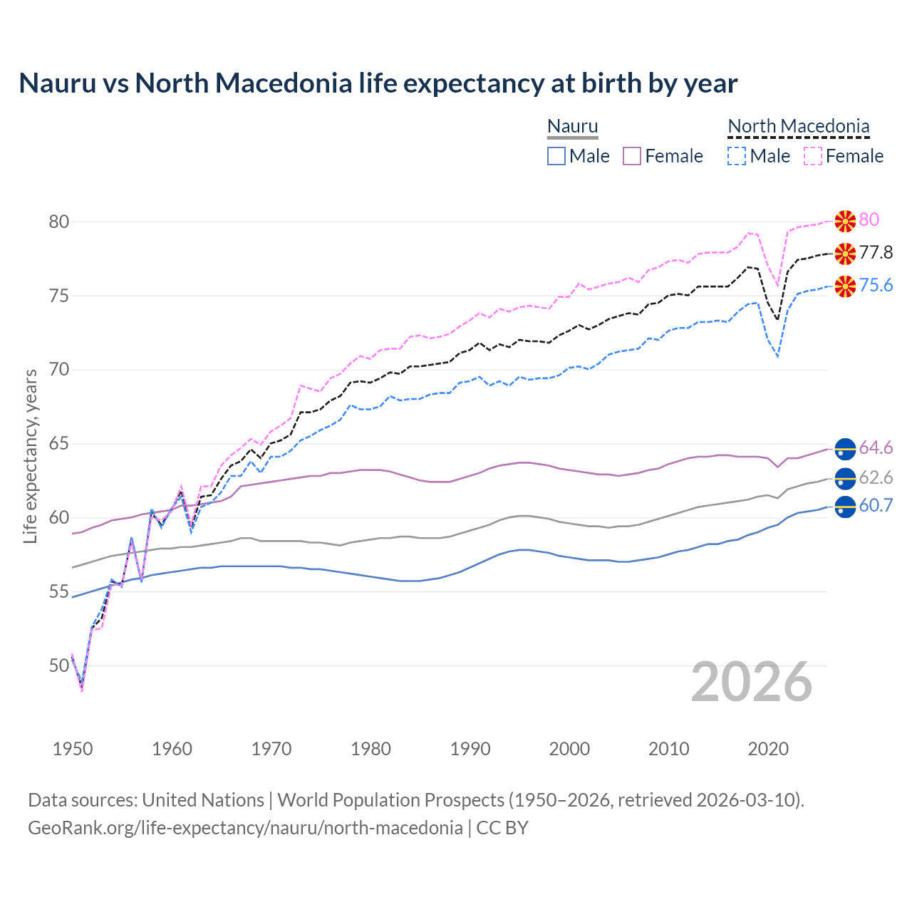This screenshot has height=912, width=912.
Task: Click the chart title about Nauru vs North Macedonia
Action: click(x=378, y=83)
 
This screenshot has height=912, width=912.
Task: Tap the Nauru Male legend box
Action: click(x=556, y=156)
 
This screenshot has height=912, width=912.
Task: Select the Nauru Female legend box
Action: click(x=632, y=156)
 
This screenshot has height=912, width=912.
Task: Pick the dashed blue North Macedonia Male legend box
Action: click(x=737, y=156)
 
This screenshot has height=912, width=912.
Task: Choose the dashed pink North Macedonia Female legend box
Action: click(x=813, y=156)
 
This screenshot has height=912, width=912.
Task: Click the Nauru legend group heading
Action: click(x=572, y=127)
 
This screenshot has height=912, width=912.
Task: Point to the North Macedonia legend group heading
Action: click(x=798, y=127)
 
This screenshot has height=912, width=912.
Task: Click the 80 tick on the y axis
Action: click(x=59, y=222)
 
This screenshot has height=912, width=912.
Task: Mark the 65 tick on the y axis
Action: click(x=59, y=444)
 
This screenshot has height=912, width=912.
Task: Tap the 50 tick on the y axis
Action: click(x=59, y=666)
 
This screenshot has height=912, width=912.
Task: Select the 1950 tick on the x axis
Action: click(x=73, y=749)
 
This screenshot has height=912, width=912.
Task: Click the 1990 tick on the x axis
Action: click(x=470, y=749)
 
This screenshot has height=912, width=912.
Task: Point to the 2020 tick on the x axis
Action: click(x=768, y=749)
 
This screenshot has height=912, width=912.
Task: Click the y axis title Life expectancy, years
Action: click(x=31, y=456)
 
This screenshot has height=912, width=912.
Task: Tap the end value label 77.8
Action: click(x=876, y=253)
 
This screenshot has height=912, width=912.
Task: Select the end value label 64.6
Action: click(x=876, y=448)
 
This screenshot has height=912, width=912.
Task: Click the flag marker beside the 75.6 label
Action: click(x=845, y=286)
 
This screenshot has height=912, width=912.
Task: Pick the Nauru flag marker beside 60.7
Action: click(x=845, y=507)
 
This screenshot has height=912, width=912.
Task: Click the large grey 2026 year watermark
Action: click(x=752, y=682)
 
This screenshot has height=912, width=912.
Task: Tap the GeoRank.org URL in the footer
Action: click(x=245, y=828)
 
